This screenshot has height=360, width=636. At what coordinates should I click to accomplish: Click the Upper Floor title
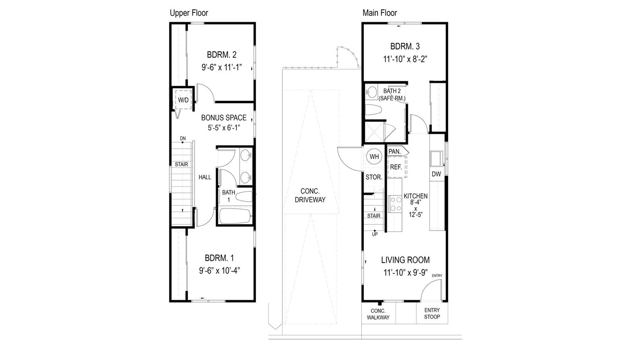pos(189,13)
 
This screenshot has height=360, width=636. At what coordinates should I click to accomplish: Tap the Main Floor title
pos(380,13)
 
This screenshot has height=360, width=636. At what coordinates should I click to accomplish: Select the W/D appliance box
pos(183,99)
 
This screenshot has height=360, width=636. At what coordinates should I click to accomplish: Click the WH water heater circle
pos(374,157)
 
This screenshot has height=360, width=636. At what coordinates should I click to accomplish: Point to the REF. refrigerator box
pos(397,167)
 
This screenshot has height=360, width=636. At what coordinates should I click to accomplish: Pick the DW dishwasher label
pos(436,174)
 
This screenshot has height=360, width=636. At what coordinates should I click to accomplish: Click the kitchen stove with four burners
pos(395,204)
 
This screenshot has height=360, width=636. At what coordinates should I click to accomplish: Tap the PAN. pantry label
pos(395,152)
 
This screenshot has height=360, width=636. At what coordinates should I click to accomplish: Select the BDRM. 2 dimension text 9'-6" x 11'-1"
pos(221,67)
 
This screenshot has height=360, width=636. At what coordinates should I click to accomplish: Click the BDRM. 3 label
pos(405,46)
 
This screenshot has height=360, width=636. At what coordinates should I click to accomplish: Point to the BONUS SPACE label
pos(224,118)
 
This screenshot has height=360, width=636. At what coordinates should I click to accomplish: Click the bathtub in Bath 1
pos(235,216)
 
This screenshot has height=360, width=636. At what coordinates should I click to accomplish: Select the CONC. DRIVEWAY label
pos(310,195)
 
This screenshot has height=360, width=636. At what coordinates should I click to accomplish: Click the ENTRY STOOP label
pos(432,313)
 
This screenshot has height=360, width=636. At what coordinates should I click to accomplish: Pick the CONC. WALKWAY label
pos(378,314)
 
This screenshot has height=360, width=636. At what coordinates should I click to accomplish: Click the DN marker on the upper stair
pos(183,138)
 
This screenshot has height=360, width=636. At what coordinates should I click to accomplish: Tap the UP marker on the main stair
pos(375,234)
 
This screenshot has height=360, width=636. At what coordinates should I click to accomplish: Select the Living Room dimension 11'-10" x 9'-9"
pos(405,273)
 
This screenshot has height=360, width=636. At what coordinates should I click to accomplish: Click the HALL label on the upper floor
pos(205,177)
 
